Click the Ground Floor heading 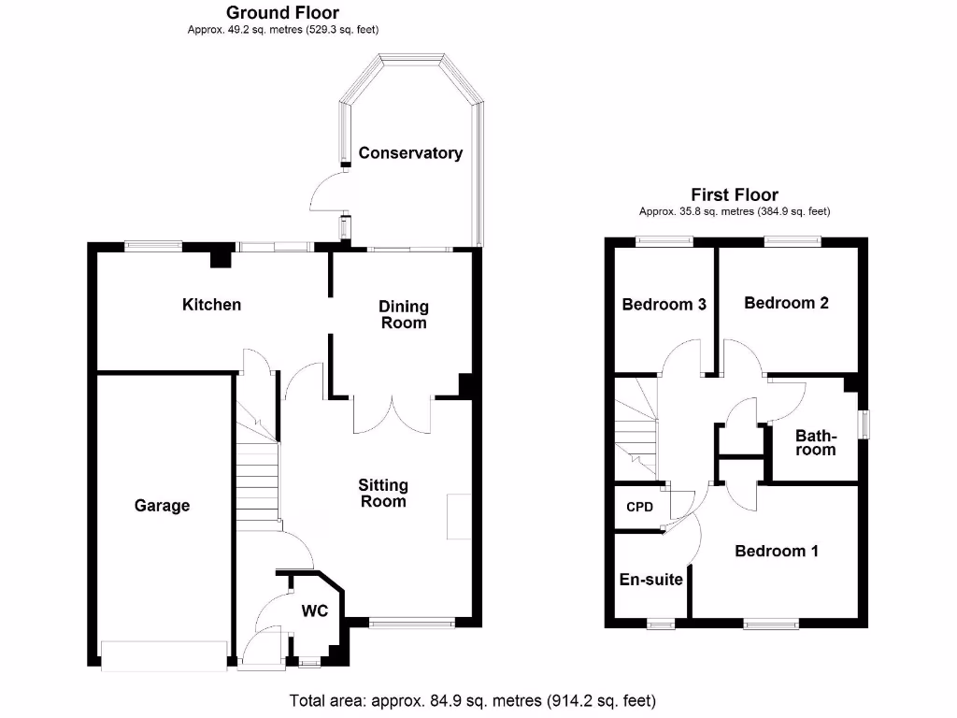(x=283, y=13)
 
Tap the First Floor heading (x=734, y=195)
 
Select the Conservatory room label (x=410, y=153)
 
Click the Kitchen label (x=211, y=305)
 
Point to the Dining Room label (x=403, y=314)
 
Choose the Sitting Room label (x=383, y=493)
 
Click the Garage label (x=162, y=506)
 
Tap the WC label (x=314, y=611)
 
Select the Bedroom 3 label (x=664, y=304)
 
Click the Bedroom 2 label (x=786, y=303)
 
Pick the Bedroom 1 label (x=777, y=551)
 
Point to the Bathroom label (x=815, y=442)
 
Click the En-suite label (x=651, y=580)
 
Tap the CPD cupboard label (x=639, y=508)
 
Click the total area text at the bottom (x=473, y=700)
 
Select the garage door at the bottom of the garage (x=164, y=655)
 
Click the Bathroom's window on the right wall (x=863, y=424)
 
